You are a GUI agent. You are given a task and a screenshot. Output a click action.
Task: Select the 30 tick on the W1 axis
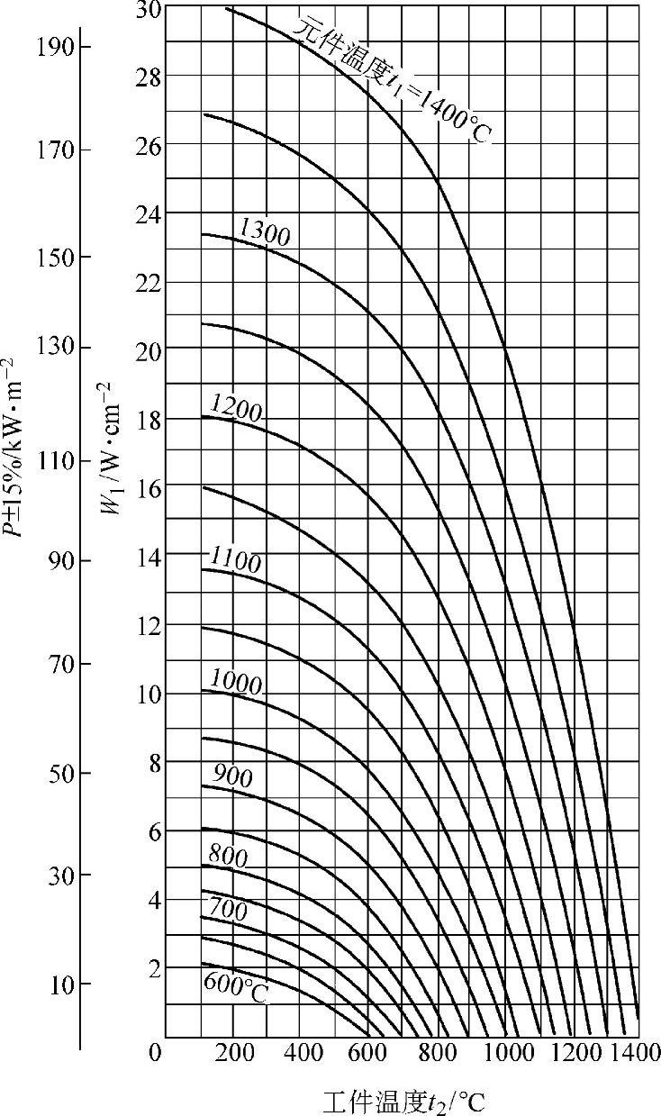149,10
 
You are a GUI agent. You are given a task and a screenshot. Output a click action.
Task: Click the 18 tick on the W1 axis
149,420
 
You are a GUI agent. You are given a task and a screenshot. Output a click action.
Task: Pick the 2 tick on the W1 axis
154,969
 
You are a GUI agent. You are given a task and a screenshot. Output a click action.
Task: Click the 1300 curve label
264,235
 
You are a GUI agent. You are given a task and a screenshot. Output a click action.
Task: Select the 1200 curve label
235,411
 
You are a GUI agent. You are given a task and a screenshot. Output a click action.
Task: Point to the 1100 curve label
235,562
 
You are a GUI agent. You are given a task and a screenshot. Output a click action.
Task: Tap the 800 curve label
227,856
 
